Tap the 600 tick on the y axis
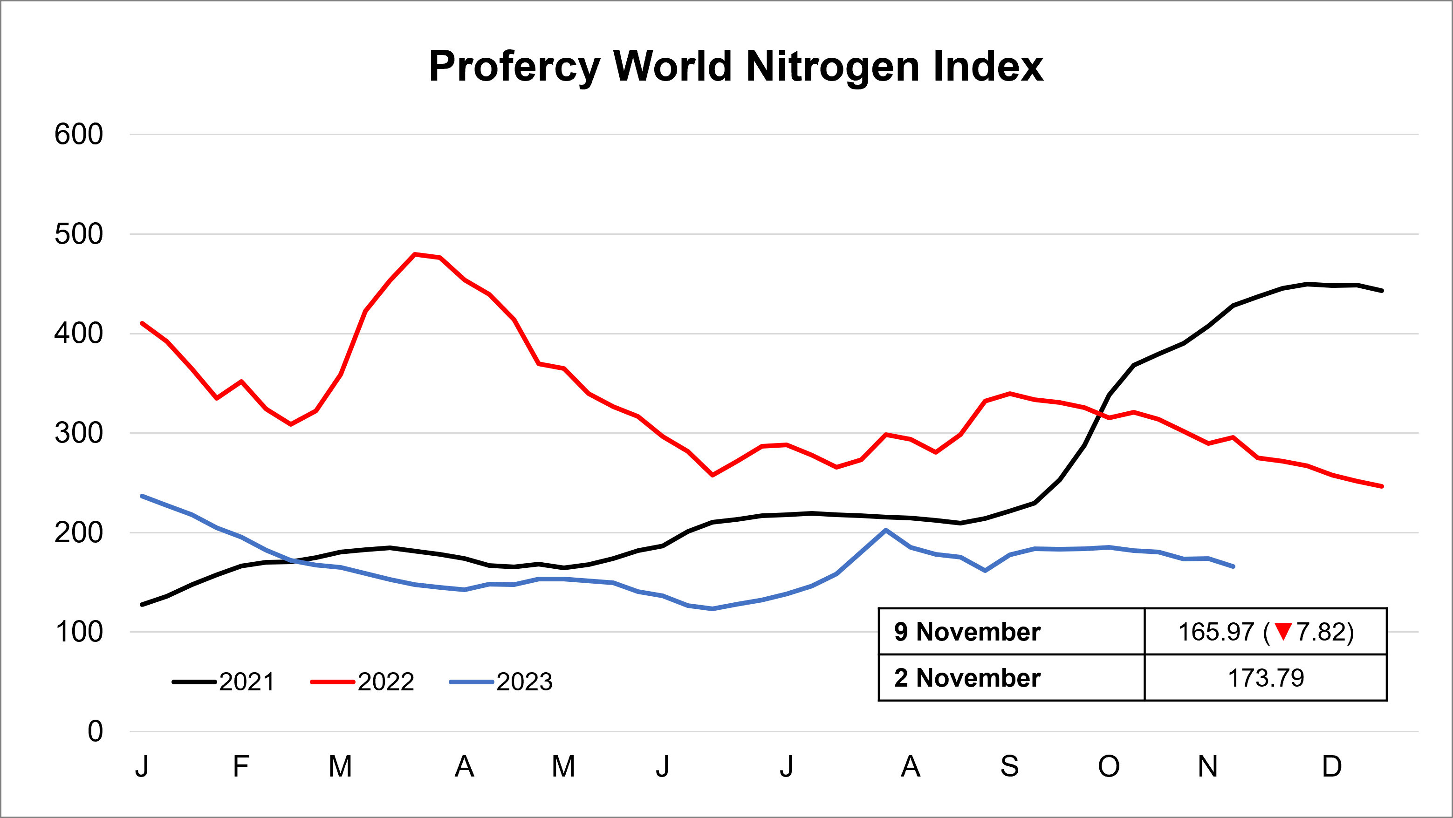[x=79, y=134]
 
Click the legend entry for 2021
[x=224, y=682]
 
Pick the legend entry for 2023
[x=501, y=682]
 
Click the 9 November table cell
[x=967, y=631]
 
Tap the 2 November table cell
[x=967, y=678]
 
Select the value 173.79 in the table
[x=1266, y=678]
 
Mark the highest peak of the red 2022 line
[x=415, y=254]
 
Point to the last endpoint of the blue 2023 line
[x=1233, y=566]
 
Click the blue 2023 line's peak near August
[x=885, y=530]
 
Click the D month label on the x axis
[x=1332, y=766]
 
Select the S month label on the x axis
[x=1010, y=766]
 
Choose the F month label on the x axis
[x=241, y=766]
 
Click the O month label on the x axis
[x=1108, y=766]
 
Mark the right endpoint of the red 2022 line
[x=1381, y=486]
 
